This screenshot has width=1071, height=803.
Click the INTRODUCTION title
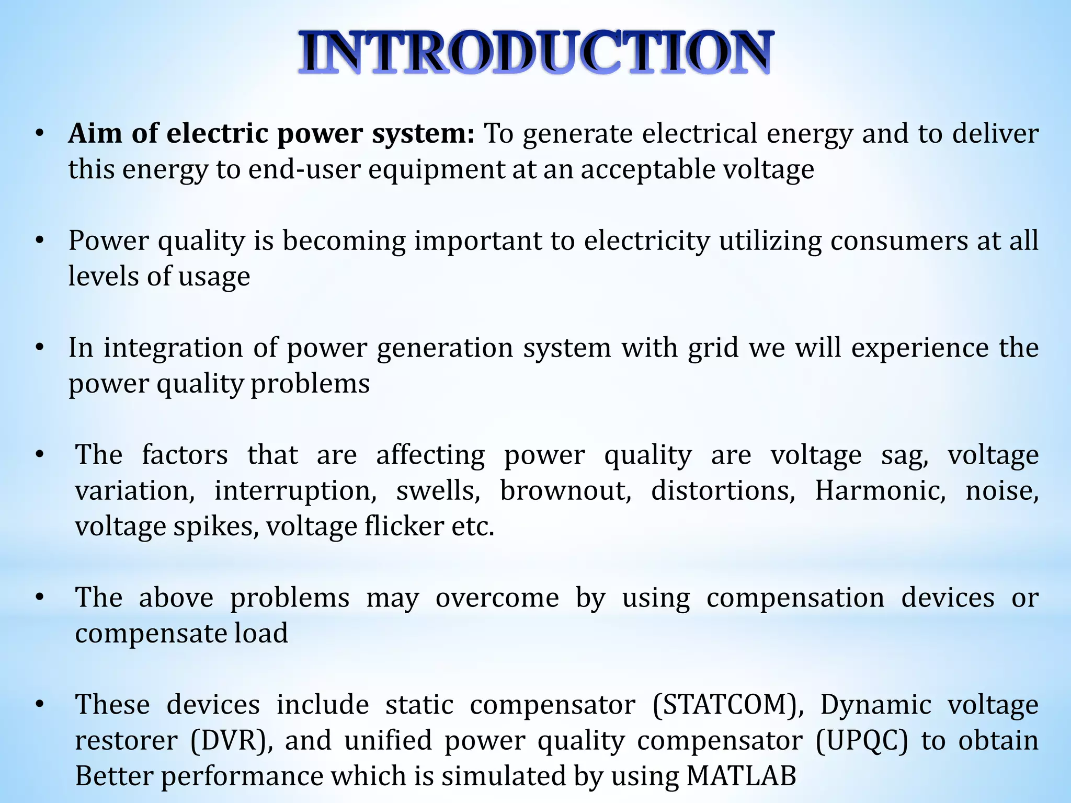pyautogui.click(x=535, y=52)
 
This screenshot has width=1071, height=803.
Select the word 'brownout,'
pyautogui.click(x=566, y=491)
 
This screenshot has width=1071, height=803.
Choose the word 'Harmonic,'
pyautogui.click(x=880, y=491)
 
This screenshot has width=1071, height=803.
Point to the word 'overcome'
pyautogui.click(x=497, y=598)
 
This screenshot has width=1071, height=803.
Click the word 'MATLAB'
pyautogui.click(x=741, y=776)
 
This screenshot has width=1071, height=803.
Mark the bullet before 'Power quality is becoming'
pyautogui.click(x=39, y=241)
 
